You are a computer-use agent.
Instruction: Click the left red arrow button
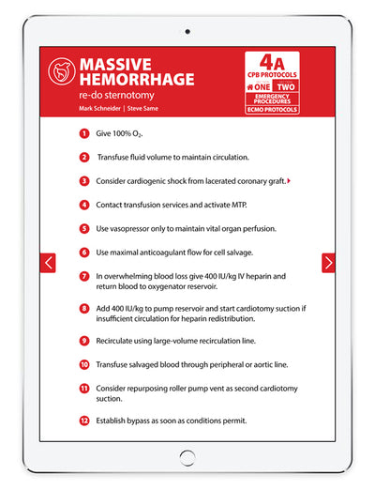pyautogui.click(x=48, y=263)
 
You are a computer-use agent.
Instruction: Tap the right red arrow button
pyautogui.click(x=328, y=263)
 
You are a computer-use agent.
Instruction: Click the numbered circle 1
pyautogui.click(x=84, y=134)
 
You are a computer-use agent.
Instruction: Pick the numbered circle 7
pyautogui.click(x=84, y=276)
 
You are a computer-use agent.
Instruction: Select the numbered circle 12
pyautogui.click(x=84, y=421)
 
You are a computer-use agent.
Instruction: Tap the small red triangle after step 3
pyautogui.click(x=288, y=180)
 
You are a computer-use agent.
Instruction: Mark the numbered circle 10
pyautogui.click(x=84, y=364)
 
